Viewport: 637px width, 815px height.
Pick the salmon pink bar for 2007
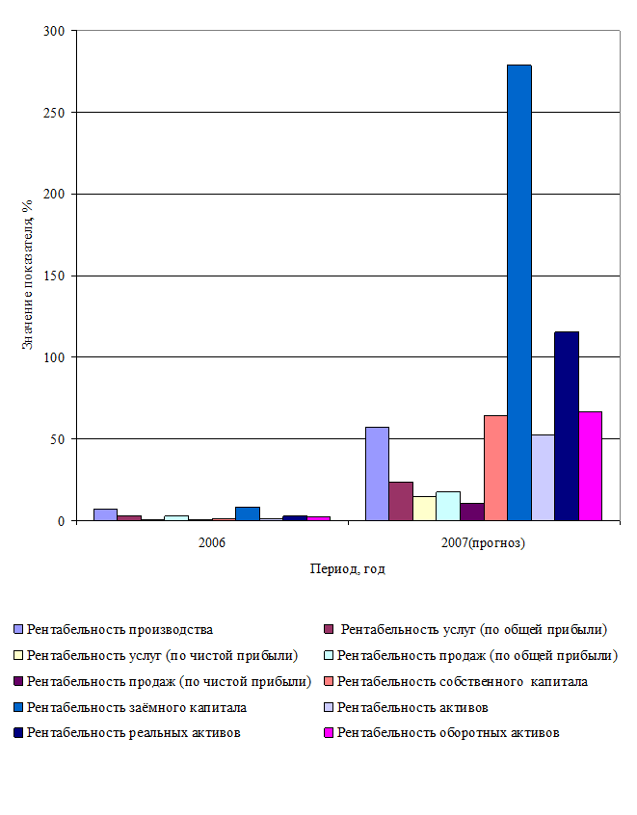pos(495,467)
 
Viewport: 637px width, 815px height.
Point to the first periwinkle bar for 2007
pos(377,473)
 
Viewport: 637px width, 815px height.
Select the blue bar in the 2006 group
pos(248,513)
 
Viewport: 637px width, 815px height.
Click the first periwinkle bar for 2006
pos(105,514)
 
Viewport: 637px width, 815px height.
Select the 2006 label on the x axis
pos(212,543)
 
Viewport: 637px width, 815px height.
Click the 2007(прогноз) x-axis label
pos(483,543)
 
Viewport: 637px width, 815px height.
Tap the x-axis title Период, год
pos(347,569)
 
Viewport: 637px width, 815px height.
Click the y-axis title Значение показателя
pos(28,275)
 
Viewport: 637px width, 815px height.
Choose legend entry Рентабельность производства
pos(119,629)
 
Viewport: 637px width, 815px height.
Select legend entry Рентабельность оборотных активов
pos(448,733)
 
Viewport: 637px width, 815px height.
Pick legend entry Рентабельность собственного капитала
pos(462,681)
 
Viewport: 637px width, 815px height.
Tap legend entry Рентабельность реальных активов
pos(134,733)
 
